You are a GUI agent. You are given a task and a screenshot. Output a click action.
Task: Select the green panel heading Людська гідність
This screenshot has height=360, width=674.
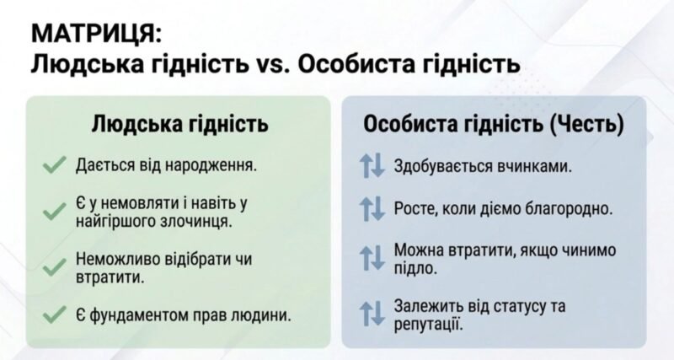pos(179,124)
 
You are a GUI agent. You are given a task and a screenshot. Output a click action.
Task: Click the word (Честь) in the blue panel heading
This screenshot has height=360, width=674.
pos(586,124)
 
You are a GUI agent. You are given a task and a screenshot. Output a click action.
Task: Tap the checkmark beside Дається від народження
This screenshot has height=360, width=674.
pos(55,165)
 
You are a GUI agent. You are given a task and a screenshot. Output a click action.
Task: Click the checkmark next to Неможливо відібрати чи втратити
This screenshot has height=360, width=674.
pos(55,267)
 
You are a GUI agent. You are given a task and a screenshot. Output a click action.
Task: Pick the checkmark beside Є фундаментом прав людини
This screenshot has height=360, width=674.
pos(55,314)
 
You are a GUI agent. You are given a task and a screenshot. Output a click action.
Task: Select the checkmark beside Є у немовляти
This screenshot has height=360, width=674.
pos(55,212)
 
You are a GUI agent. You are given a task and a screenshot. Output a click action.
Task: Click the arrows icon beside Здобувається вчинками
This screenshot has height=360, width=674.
pos(372,166)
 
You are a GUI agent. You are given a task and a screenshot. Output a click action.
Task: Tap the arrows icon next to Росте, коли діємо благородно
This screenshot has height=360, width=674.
pos(372,208)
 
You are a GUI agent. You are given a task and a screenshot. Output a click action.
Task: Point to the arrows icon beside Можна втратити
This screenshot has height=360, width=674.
pos(372,258)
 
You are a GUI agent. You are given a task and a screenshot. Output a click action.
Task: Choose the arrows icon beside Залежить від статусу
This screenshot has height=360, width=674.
pos(372,313)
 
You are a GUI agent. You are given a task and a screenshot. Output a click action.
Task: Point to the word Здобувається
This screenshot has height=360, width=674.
pos(443,166)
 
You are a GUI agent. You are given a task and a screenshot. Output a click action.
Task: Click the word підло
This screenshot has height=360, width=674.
pos(415,268)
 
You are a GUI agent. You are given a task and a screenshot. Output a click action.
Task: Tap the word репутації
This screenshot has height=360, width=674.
pos(429,325)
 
